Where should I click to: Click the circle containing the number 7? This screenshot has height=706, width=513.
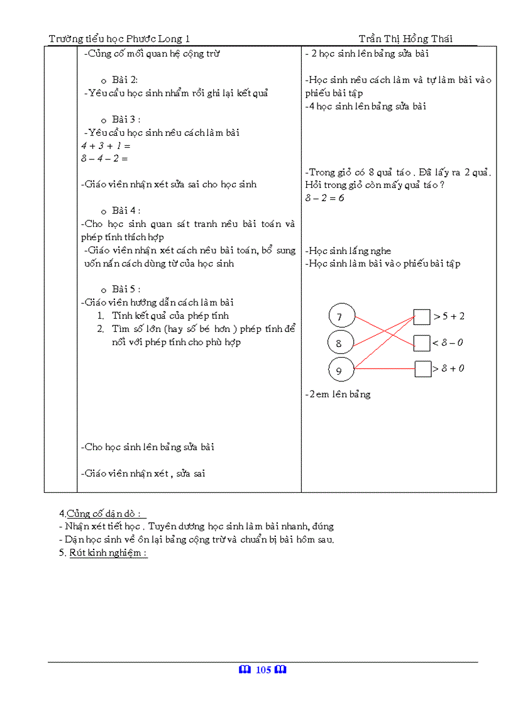341,316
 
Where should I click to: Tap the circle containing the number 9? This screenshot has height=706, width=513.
341,370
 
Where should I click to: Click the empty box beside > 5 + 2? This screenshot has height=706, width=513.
422,316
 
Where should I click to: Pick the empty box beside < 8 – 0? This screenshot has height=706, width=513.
422,343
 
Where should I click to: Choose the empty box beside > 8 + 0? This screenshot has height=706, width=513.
422,369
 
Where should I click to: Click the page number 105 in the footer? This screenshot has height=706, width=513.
263,670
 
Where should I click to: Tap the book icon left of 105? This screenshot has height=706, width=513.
245,670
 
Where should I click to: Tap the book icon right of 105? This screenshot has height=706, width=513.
280,670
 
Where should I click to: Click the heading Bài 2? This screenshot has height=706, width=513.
124,80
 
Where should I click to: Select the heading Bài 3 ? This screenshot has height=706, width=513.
126,119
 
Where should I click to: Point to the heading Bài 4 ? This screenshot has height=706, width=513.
126,211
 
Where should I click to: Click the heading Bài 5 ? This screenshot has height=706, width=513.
126,289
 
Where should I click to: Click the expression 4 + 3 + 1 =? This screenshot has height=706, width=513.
105,146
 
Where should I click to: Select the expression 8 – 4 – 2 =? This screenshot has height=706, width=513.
104,159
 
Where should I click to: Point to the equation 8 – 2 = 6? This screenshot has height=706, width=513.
324,198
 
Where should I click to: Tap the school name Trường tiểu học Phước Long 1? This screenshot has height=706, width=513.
119,39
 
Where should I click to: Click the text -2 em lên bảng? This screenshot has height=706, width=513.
338,395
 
